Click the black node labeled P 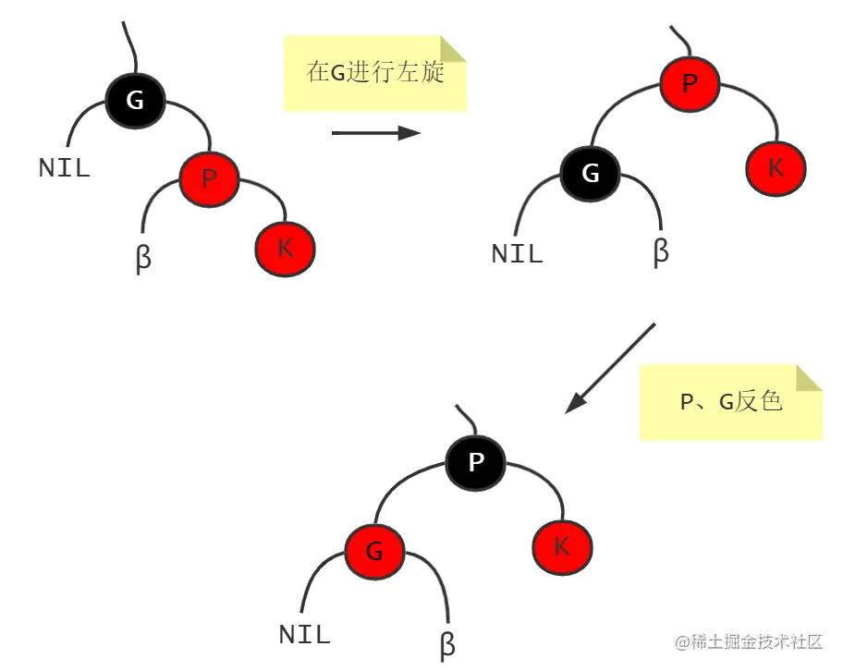coord(476,461)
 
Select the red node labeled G coord(374,553)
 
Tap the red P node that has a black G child coord(690,84)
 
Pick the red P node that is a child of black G coord(209,177)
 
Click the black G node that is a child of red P coord(590,173)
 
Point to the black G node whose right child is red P coord(135,100)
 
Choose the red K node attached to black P coord(561,547)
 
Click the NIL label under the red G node coord(304,635)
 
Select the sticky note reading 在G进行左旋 coord(374,73)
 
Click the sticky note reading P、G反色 coord(730,402)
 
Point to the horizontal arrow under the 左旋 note coord(375,133)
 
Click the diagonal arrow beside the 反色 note coord(610,367)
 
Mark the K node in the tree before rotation coord(285,248)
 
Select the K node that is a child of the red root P coord(776,167)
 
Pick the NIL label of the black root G coord(64,167)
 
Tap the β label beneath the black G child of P coord(660,250)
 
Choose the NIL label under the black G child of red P coord(517,253)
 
